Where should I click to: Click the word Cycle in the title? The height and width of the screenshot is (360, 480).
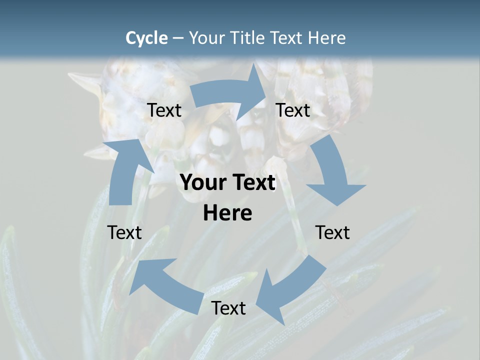tap(146, 38)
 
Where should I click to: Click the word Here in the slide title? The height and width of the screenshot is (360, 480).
tap(326, 38)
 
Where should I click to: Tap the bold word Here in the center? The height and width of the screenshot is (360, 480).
tap(227, 213)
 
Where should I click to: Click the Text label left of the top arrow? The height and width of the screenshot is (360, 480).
tap(164, 110)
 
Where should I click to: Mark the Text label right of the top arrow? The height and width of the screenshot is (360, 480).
tap(293, 110)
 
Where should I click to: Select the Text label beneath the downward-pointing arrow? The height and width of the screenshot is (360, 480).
tap(332, 232)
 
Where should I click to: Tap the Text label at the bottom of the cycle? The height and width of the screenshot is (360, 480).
tap(228, 308)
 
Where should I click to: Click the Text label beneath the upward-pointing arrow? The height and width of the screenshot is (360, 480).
tap(124, 232)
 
